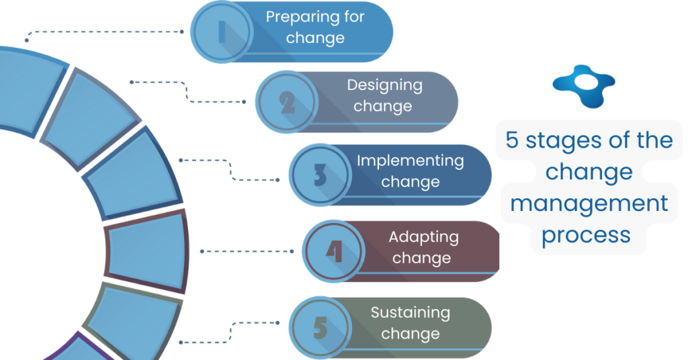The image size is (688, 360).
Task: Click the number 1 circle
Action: (x=221, y=32)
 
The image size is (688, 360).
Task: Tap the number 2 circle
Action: (x=287, y=103)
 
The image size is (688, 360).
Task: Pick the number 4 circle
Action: (x=334, y=251)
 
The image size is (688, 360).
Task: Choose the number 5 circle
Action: (x=319, y=328)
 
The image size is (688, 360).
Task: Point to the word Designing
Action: (x=384, y=85)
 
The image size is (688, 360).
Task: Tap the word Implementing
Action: (x=410, y=161)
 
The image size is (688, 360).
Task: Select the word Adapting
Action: (x=423, y=237)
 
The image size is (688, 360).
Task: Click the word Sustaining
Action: (x=410, y=312)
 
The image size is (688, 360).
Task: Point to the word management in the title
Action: (x=589, y=204)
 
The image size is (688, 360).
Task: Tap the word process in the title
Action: (x=586, y=234)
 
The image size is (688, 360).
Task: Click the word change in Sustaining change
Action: (x=410, y=334)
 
